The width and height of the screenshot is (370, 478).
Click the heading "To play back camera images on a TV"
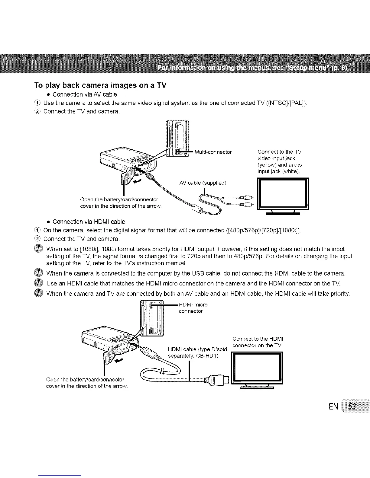(100, 85)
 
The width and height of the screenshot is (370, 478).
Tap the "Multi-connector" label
(213, 152)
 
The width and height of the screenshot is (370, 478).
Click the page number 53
(352, 407)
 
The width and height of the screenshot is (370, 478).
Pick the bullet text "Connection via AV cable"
(85, 94)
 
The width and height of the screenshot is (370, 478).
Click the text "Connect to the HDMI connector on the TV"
(258, 342)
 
